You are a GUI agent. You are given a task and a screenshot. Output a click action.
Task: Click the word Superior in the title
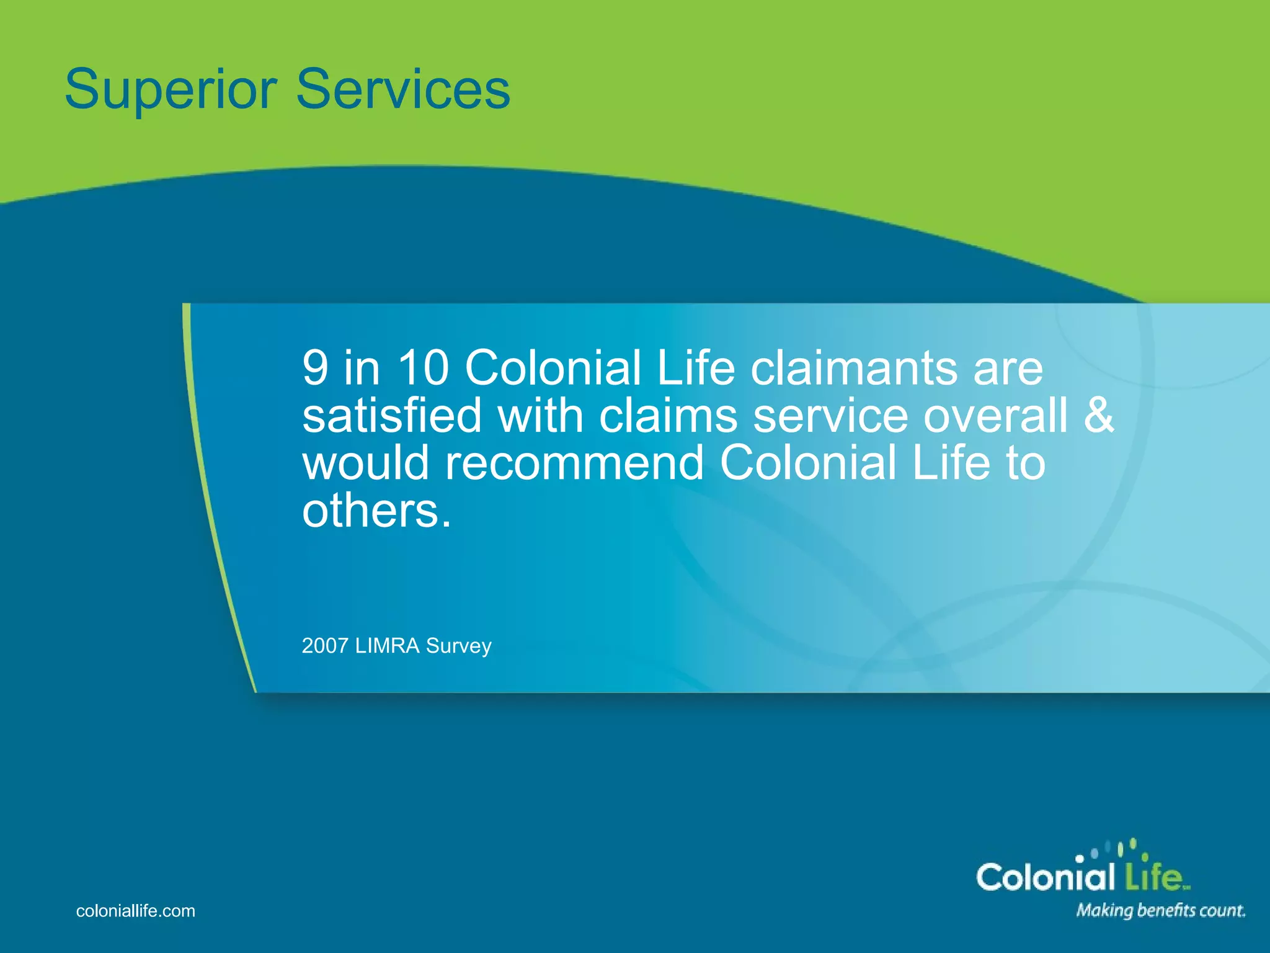[171, 91]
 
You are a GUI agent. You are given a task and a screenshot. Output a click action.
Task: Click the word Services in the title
[403, 89]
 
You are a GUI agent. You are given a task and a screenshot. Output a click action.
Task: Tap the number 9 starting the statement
[315, 368]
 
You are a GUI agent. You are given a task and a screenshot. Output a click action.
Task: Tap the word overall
[996, 415]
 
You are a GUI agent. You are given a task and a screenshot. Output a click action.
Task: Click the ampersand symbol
[1099, 415]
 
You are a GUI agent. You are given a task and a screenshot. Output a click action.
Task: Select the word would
[366, 462]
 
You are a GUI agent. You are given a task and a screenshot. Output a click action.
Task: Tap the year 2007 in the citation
[325, 646]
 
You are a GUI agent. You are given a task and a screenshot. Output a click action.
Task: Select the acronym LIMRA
[387, 646]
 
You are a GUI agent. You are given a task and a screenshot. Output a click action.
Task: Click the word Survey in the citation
[459, 646]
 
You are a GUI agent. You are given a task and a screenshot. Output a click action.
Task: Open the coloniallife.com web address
[135, 911]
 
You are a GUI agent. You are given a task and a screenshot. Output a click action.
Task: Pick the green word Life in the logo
[1153, 877]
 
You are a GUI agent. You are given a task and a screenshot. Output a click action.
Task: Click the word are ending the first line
[1008, 368]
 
